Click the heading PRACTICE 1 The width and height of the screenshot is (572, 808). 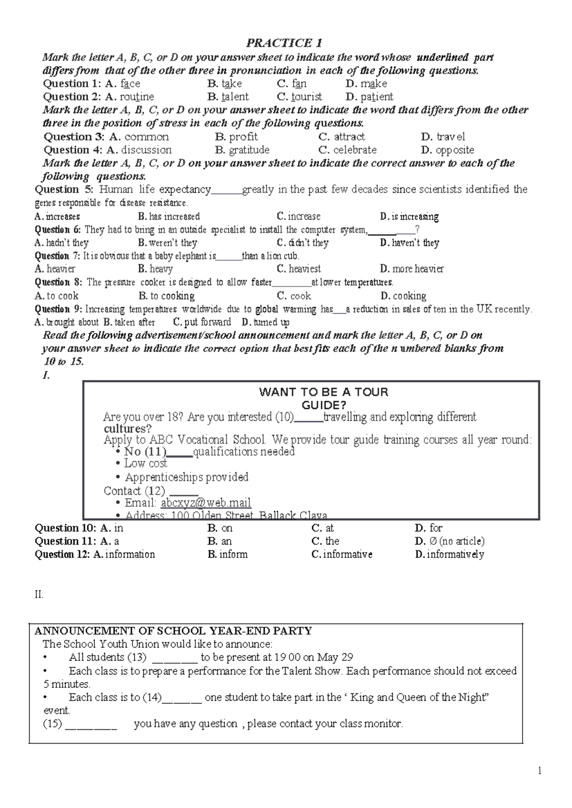[284, 43]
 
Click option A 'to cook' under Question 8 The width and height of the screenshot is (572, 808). [62, 296]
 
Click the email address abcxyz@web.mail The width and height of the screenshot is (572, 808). [205, 503]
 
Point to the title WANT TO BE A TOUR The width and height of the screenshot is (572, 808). [324, 392]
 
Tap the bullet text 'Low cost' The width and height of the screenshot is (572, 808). [145, 464]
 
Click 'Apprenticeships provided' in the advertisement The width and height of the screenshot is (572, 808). [186, 477]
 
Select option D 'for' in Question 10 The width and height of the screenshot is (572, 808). [435, 528]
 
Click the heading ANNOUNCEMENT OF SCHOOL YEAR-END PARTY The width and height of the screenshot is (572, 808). [173, 631]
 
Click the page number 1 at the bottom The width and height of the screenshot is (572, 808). [540, 771]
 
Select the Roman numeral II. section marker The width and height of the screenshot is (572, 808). [39, 595]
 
